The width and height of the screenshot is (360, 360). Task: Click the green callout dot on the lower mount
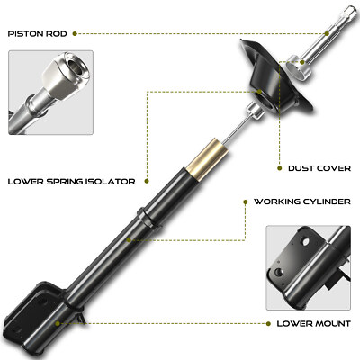click(x=59, y=320)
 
